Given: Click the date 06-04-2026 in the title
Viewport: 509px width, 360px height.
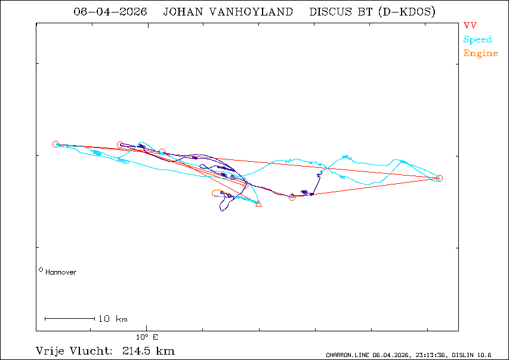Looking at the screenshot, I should (x=110, y=12).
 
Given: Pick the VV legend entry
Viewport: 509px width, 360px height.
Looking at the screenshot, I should (x=470, y=26).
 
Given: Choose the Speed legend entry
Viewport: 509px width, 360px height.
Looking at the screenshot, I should (x=477, y=39).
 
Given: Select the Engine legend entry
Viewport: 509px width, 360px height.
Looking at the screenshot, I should (x=480, y=53).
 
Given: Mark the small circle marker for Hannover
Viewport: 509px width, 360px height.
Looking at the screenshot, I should (x=41, y=270).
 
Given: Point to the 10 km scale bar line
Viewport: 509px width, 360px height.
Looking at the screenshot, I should (x=70, y=318).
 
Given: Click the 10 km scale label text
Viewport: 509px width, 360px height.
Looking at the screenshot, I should (x=113, y=319).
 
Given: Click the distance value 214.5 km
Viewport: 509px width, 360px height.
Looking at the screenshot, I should (x=148, y=350).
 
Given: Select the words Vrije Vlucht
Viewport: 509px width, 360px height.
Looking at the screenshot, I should (x=70, y=350).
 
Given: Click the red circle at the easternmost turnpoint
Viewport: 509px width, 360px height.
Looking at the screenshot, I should (x=439, y=178).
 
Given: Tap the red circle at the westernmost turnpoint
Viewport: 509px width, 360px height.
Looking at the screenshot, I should (x=55, y=144).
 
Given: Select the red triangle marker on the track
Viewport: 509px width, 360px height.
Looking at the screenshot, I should (x=258, y=204).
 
